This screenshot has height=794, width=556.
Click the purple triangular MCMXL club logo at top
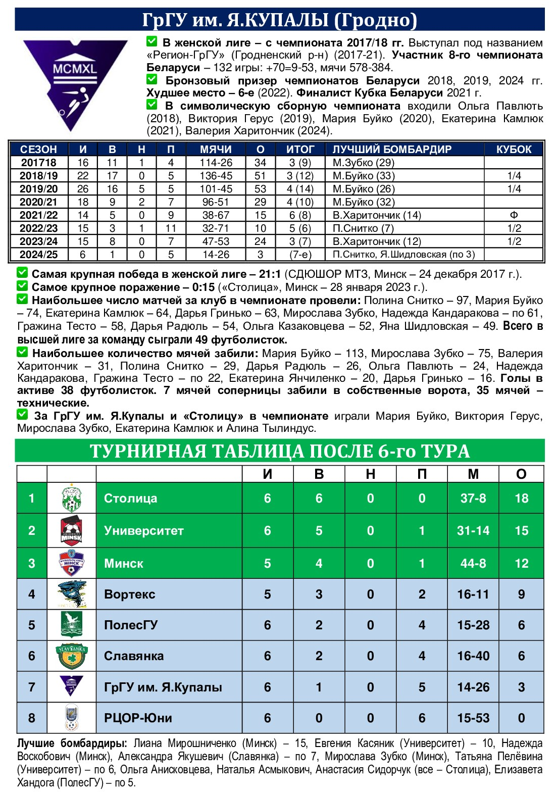[75, 81]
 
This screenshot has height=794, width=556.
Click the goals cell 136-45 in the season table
[216, 176]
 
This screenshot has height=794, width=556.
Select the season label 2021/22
[38, 215]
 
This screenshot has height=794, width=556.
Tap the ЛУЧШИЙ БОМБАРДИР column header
[392, 150]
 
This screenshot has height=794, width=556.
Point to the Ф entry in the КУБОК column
[514, 215]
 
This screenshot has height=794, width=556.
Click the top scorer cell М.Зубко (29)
[364, 163]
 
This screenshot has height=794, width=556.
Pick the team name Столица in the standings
[130, 499]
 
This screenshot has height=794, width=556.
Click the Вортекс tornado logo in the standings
[72, 594]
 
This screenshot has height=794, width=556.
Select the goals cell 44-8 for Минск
[473, 563]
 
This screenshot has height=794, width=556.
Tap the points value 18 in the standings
[521, 499]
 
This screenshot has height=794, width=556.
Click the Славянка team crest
[72, 656]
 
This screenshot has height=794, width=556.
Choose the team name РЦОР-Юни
[138, 718]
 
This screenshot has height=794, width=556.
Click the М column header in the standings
[473, 474]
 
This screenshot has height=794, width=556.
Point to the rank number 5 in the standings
[32, 625]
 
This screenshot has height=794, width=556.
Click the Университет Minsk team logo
[72, 530]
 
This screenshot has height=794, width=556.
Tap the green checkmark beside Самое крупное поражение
[22, 286]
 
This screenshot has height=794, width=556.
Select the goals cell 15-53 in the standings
[473, 718]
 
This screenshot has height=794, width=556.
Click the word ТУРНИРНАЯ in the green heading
[146, 451]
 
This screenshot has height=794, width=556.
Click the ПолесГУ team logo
[72, 625]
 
